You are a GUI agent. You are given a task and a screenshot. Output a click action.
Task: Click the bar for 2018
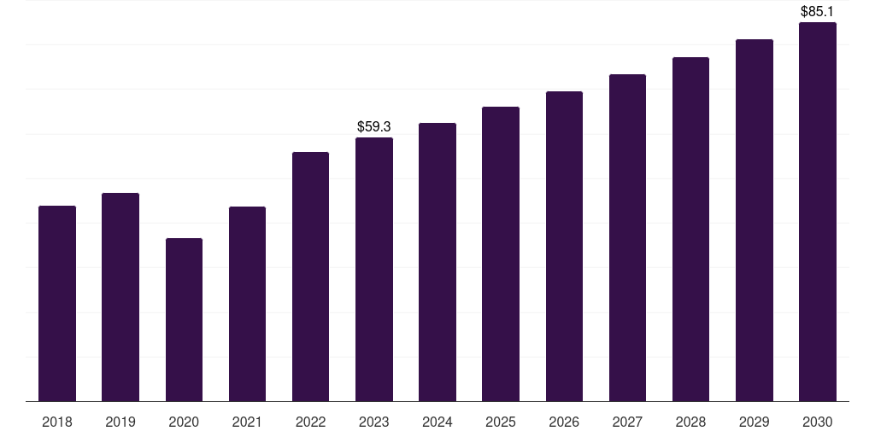pos(57,303)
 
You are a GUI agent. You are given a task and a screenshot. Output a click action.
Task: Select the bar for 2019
pos(120,297)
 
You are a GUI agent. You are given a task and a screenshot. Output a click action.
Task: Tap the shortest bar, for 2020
pos(184,319)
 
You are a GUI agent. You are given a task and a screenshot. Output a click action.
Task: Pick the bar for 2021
pos(247,304)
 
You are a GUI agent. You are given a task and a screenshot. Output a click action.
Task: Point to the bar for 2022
pos(310,277)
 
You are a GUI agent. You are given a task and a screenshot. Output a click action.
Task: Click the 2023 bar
pos(374,269)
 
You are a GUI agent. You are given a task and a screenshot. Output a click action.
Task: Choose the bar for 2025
pos(501,253)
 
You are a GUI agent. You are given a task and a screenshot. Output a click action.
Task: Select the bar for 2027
pos(627,237)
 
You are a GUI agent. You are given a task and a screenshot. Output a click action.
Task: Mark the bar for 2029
pos(755,220)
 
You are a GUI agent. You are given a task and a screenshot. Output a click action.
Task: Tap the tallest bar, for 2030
pos(818,212)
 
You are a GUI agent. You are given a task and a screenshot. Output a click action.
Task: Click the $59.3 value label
pos(374,126)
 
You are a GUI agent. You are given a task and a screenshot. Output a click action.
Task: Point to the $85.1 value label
pos(818,12)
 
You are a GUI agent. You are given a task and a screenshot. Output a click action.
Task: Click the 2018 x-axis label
pos(57,422)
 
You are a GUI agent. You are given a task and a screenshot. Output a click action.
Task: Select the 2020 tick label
pos(184,422)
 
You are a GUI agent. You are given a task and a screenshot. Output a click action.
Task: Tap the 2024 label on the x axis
pos(437,422)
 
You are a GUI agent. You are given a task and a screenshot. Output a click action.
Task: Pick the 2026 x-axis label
pos(564,422)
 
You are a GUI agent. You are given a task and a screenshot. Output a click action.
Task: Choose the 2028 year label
pos(690,422)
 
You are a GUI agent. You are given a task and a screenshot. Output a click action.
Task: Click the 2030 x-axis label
pos(818,422)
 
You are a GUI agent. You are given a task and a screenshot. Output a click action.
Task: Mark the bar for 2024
pos(437,262)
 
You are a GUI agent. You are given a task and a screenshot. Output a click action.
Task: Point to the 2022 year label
pos(310,422)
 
